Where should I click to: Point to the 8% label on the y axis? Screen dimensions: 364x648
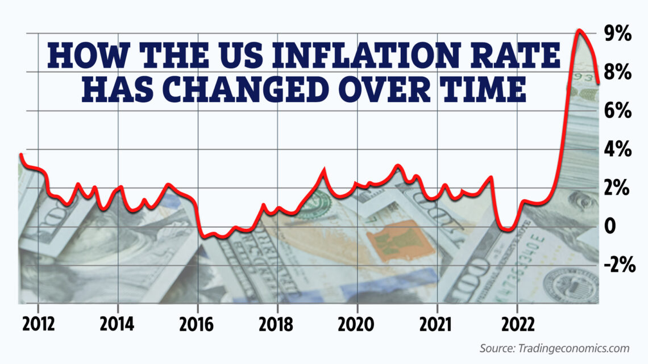pos(618,73)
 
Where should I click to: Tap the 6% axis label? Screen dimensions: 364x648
pos(618,111)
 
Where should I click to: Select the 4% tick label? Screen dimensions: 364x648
pos(618,150)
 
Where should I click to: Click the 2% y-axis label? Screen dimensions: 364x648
pos(618,189)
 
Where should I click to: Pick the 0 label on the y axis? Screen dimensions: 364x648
pos(610,227)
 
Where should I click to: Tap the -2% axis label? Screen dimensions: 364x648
pos(616,265)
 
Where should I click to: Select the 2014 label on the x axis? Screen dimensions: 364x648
pos(117,325)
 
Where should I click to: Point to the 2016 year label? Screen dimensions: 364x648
pos(197,325)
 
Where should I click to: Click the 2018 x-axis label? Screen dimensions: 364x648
pos(277,325)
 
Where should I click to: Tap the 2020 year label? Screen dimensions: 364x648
pos(357,325)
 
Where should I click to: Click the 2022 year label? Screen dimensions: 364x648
pos(517,325)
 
